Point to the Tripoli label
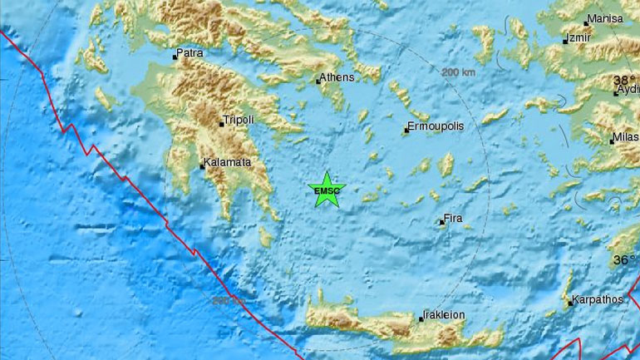239,120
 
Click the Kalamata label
229,163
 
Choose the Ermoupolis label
436,126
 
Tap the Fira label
454,218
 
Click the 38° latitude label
623,80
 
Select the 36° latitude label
623,259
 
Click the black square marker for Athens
318,81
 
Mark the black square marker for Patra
175,57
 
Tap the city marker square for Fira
441,222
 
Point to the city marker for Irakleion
421,319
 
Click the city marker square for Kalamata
203,166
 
